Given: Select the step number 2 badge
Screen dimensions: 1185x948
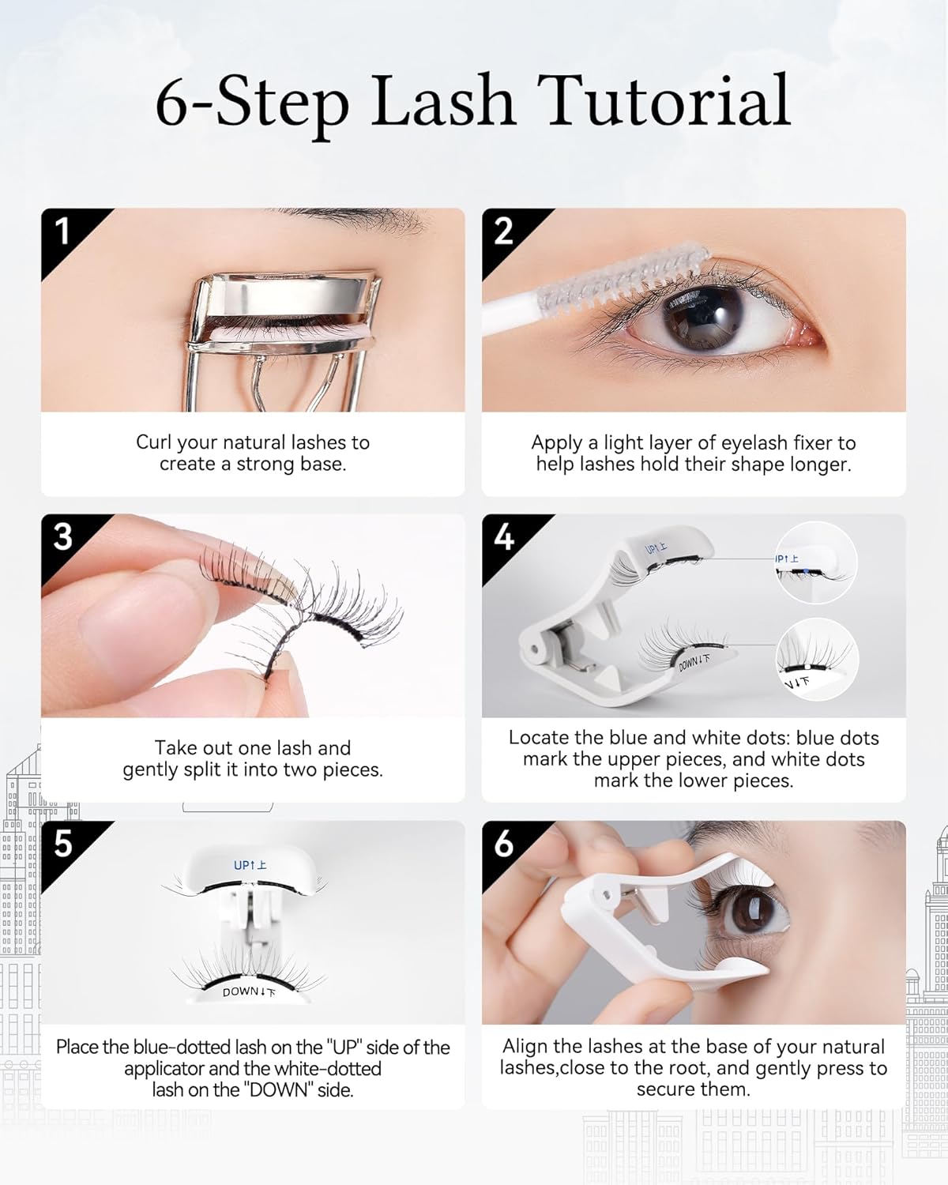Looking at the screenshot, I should [x=503, y=231].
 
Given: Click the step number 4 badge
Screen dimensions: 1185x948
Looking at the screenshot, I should [x=503, y=537].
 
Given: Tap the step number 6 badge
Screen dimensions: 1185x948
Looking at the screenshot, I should [x=503, y=844].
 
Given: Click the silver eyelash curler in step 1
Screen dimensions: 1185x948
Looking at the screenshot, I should [x=284, y=316].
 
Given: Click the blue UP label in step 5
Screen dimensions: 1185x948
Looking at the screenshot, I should [x=250, y=865].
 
